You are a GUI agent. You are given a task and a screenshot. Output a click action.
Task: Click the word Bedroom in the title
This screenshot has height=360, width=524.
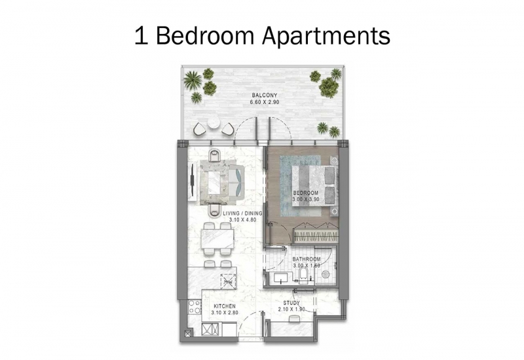pyautogui.click(x=205, y=35)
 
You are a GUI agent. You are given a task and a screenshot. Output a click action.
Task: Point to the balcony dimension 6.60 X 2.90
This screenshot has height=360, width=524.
pyautogui.click(x=265, y=102)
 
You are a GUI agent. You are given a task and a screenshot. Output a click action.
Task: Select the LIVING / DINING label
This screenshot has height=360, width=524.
pyautogui.click(x=242, y=213)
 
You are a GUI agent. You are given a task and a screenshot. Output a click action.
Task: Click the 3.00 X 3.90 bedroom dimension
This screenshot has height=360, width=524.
pyautogui.click(x=306, y=200)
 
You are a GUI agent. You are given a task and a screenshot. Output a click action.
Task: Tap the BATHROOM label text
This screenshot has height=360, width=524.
pyautogui.click(x=307, y=259)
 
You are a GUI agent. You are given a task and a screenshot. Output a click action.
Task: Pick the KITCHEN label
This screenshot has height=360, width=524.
pyautogui.click(x=225, y=306)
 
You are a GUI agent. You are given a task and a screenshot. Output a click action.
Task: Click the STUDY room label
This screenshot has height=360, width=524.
pyautogui.click(x=291, y=303)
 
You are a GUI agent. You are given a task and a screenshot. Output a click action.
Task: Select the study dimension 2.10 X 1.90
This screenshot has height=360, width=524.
pyautogui.click(x=291, y=309)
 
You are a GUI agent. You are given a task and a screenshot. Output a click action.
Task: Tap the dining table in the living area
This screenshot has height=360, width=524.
pyautogui.click(x=217, y=239)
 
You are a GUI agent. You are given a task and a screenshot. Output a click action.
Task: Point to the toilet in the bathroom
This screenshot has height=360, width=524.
pyautogui.click(x=303, y=277)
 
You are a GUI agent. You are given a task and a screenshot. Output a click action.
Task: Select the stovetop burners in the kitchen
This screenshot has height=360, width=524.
pyautogui.click(x=194, y=308)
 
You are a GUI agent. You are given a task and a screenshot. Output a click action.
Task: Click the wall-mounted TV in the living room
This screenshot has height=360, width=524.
pyautogui.click(x=192, y=179)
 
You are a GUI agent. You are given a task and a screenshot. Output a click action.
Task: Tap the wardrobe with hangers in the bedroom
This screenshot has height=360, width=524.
pyautogui.click(x=316, y=234)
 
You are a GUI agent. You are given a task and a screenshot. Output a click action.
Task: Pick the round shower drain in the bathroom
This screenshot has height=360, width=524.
pyautogui.click(x=325, y=274)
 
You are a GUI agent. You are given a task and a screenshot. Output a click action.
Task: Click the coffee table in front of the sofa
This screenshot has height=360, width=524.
pyautogui.click(x=217, y=182)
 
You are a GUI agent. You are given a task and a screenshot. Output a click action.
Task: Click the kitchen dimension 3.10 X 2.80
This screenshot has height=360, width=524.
pyautogui.click(x=225, y=313)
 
